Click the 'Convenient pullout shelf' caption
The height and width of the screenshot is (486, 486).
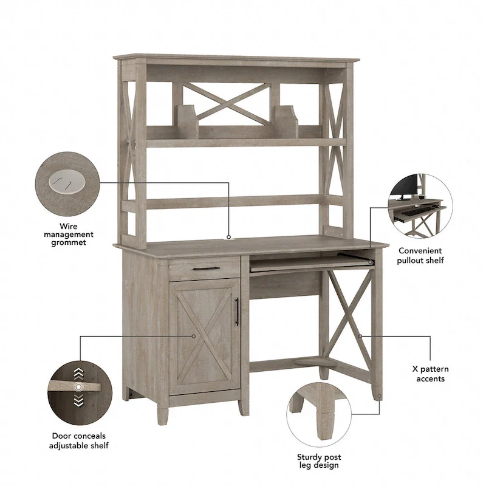click(420, 255)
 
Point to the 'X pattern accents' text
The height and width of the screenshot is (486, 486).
click(430, 374)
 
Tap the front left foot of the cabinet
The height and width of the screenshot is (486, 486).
click(162, 414)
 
